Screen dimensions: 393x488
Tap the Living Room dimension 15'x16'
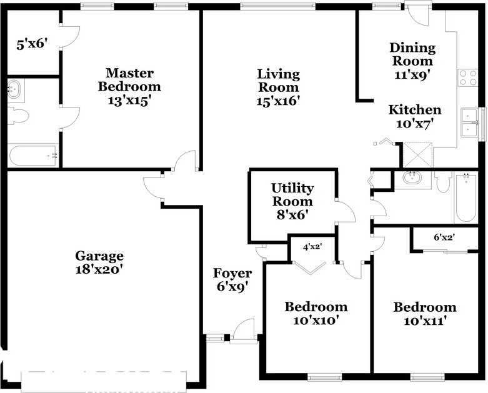(x=279, y=101)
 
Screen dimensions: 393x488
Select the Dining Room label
(x=412, y=54)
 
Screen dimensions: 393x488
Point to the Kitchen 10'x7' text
(x=415, y=117)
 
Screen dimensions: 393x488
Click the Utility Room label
(x=292, y=195)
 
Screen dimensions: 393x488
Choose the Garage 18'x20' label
(x=99, y=262)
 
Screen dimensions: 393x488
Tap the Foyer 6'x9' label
(x=232, y=280)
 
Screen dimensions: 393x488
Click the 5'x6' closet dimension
(x=32, y=44)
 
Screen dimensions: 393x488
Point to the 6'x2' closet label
(x=444, y=237)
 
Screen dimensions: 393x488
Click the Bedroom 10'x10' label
(x=316, y=313)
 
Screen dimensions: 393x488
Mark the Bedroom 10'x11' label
(x=424, y=314)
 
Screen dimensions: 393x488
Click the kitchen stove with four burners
(x=468, y=77)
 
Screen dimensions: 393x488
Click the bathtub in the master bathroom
(x=33, y=155)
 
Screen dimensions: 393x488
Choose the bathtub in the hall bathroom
(x=466, y=198)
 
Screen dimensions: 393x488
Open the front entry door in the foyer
(x=243, y=331)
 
